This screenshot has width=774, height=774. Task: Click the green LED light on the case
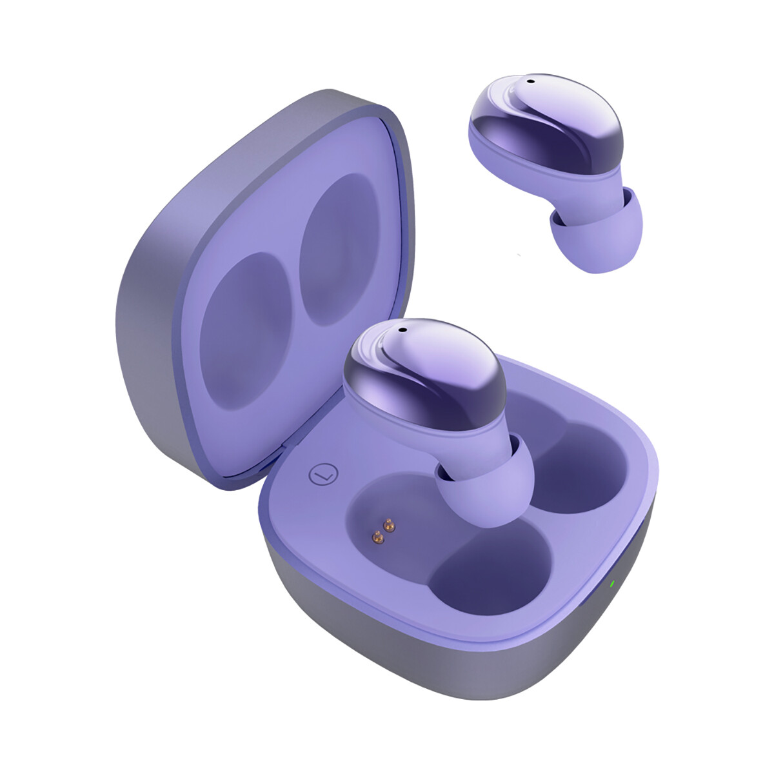click(610, 586)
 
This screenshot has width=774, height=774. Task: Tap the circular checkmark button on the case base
click(322, 475)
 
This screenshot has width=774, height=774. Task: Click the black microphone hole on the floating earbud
click(530, 81)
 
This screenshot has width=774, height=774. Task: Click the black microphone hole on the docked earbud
click(402, 330)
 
